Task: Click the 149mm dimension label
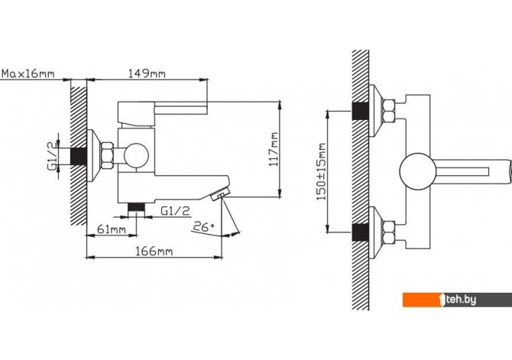(147, 73)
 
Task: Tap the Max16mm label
(28, 73)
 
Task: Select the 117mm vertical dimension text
(274, 149)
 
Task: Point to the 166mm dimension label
(154, 251)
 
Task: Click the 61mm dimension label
(112, 229)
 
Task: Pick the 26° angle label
(203, 226)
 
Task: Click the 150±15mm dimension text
(322, 172)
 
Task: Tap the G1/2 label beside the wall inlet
(52, 155)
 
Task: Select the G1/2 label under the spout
(175, 211)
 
